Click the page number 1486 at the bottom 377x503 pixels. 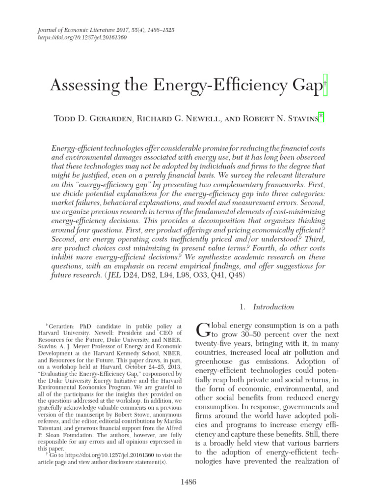pos(188,482)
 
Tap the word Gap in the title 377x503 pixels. pos(304,87)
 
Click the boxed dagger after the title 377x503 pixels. pos(325,84)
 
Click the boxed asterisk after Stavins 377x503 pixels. pos(321,116)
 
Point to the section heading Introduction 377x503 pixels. pos(273,307)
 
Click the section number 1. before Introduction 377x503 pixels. pos(242,307)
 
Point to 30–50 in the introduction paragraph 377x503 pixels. pos(255,335)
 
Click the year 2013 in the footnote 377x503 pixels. pos(176,366)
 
